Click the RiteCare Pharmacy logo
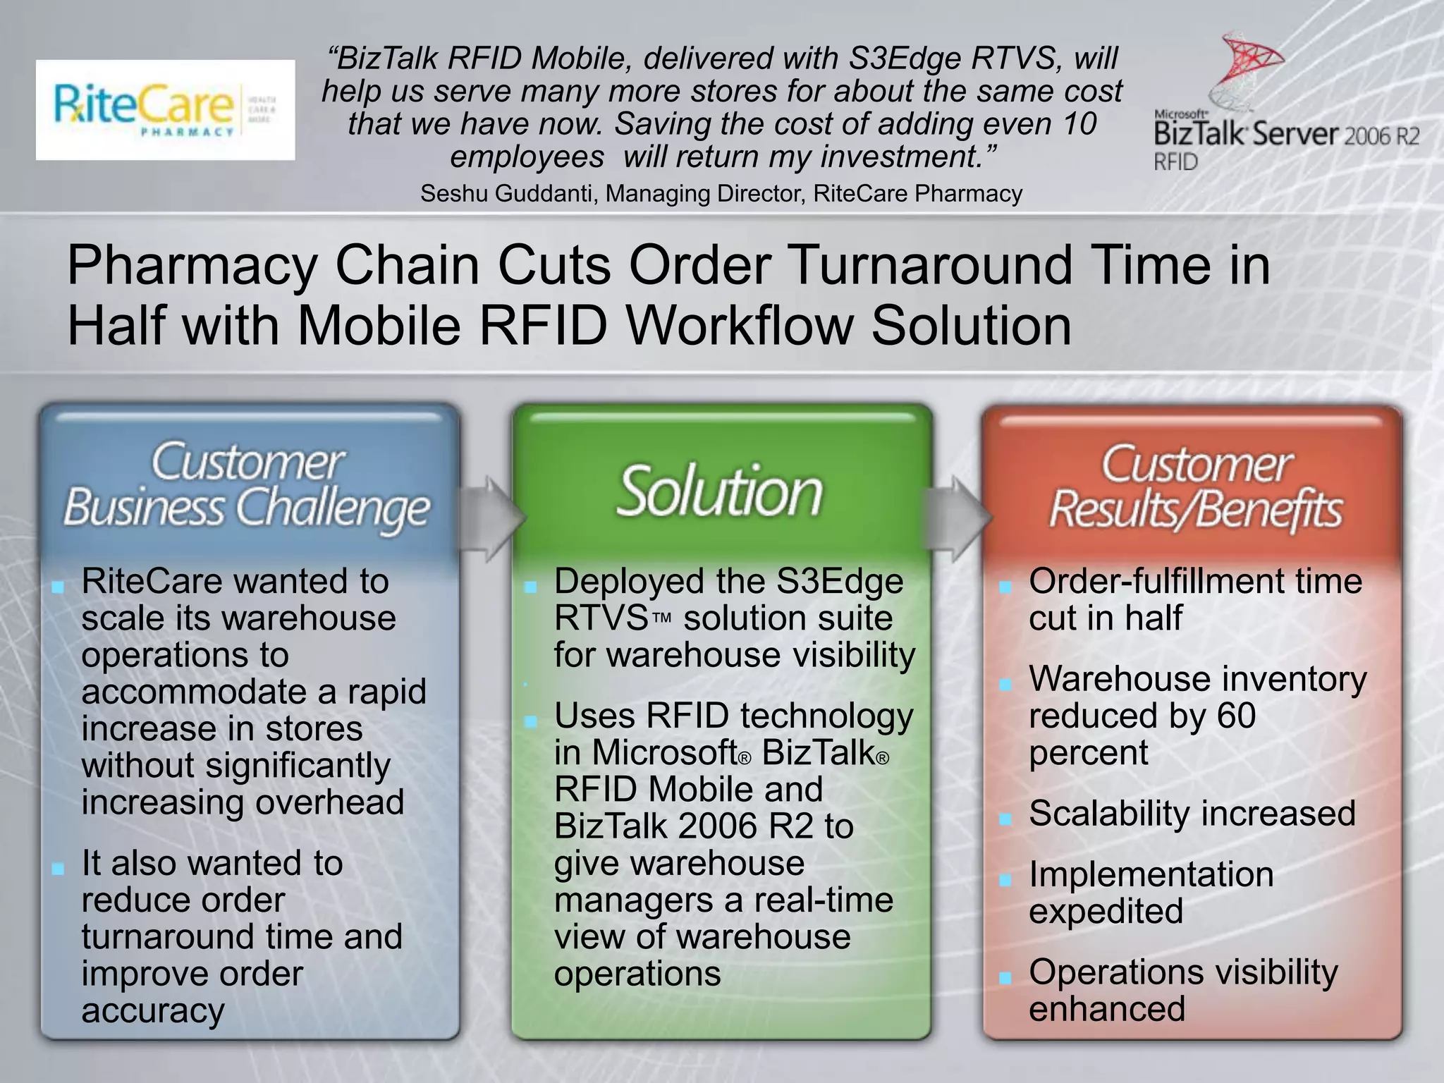click(x=165, y=110)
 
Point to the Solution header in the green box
click(x=720, y=491)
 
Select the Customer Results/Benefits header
click(x=1196, y=487)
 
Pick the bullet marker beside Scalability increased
click(x=1005, y=819)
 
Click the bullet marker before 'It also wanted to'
click(x=58, y=869)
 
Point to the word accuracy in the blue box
click(x=153, y=1010)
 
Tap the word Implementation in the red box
click(x=1151, y=875)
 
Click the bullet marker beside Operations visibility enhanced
click(x=1005, y=977)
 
